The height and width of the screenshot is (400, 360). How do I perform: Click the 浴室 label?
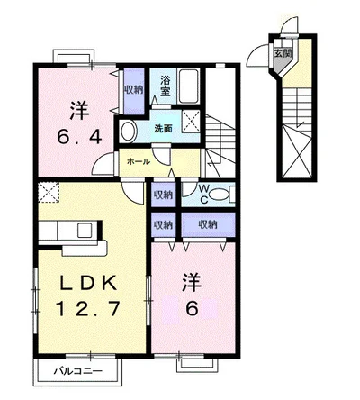(166, 85)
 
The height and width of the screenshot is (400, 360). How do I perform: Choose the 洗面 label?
(162, 127)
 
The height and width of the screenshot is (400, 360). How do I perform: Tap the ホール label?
(138, 161)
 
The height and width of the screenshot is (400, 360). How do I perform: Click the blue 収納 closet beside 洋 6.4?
(132, 89)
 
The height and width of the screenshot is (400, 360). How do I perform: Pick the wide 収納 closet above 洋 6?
(207, 223)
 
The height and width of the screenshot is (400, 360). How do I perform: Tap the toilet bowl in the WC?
(225, 193)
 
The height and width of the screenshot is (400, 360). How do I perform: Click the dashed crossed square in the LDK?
(49, 192)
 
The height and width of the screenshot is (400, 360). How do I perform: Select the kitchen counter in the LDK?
(72, 236)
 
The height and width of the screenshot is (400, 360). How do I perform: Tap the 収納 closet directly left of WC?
(163, 194)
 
